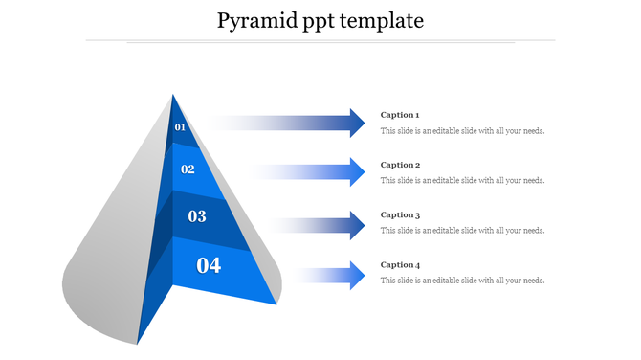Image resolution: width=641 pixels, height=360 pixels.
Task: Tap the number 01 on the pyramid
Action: (180, 127)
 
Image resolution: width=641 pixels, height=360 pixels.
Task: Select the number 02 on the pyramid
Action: (188, 169)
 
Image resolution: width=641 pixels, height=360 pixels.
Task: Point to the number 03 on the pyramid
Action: (197, 216)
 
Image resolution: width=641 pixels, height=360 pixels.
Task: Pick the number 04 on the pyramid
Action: (209, 265)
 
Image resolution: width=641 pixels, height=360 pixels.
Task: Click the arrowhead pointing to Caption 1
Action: (357, 123)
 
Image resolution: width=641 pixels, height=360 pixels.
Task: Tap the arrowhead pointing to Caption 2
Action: (357, 172)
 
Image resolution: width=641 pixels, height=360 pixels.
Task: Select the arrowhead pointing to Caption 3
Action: (357, 225)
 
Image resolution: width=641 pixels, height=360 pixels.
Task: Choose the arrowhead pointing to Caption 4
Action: (357, 276)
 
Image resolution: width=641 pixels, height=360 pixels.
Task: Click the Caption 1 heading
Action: (400, 115)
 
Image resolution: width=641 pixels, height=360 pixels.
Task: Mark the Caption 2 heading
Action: (400, 165)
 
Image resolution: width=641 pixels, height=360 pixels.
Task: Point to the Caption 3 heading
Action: (400, 215)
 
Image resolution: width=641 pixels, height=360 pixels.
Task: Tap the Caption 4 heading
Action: (400, 265)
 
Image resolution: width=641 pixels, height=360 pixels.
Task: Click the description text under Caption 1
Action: (462, 131)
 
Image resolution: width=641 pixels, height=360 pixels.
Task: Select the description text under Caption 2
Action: (462, 180)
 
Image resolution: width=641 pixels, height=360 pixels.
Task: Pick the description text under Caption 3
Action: (462, 231)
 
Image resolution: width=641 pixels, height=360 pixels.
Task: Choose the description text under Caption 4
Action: (462, 281)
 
